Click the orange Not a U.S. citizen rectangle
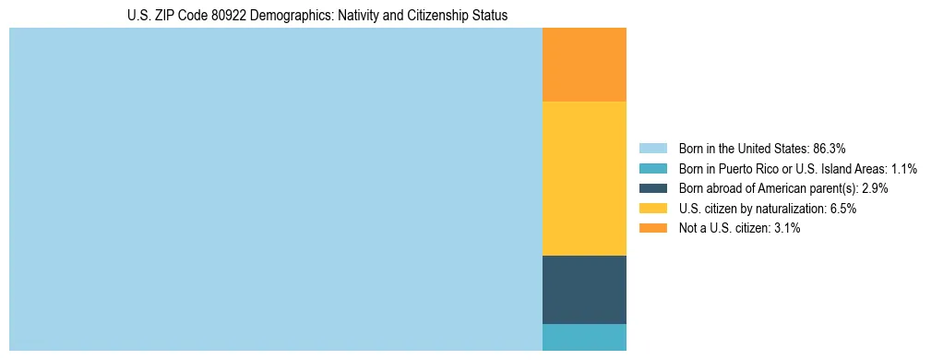point(584,65)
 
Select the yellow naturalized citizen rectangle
point(584,178)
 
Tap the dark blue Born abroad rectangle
point(584,289)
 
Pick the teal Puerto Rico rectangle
point(584,337)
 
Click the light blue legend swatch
point(652,148)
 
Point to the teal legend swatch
point(652,168)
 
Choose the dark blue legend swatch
point(652,188)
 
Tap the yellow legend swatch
point(652,209)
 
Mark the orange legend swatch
point(652,228)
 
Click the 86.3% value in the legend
point(830,148)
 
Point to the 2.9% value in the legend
point(876,188)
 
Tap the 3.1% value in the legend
point(786,228)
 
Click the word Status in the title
point(489,16)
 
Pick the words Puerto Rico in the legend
point(758,168)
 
